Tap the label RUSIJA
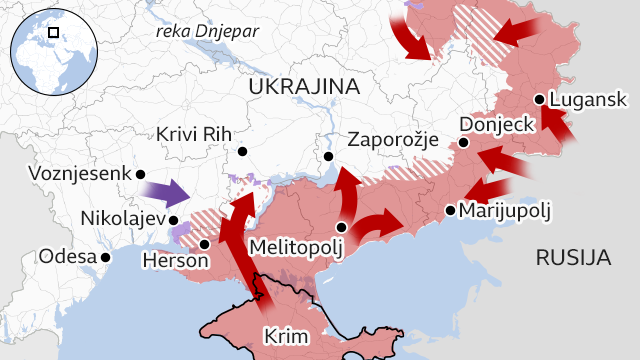tap(573, 258)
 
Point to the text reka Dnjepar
tap(207, 31)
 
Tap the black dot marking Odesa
tap(106, 257)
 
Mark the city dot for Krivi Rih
tap(242, 153)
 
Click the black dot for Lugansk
tap(540, 99)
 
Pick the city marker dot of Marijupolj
tap(451, 210)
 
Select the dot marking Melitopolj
tap(342, 227)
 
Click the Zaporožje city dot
tap(327, 157)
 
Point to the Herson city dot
tap(204, 243)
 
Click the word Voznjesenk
tap(80, 173)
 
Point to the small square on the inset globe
tap(54, 33)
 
